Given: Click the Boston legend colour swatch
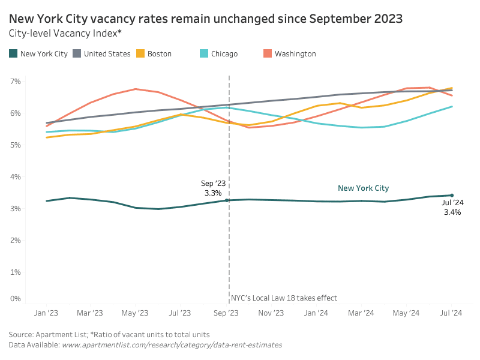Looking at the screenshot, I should tap(140, 54).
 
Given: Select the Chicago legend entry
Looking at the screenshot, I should tap(224, 54).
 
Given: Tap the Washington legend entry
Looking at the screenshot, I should tap(295, 54).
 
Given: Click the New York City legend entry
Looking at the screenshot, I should tap(44, 54).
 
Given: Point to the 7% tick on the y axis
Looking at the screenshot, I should tap(16, 81).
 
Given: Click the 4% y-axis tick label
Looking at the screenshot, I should tap(16, 176).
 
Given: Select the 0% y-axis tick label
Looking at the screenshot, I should tap(16, 298).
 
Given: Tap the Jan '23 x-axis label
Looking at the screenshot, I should tap(46, 313).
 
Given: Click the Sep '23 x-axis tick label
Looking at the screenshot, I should tap(226, 313).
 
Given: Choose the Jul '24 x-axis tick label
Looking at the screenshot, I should tap(451, 313).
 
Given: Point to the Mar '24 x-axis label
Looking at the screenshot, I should tap(361, 313).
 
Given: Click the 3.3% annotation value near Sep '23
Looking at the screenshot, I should tap(213, 193).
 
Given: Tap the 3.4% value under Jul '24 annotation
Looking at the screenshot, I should tap(452, 212).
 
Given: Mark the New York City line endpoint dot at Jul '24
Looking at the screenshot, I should tap(452, 195).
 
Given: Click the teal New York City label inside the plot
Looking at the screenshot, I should tap(363, 188).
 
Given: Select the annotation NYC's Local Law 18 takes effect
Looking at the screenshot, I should tap(284, 298).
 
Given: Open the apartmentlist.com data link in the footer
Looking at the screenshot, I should tap(172, 345).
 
